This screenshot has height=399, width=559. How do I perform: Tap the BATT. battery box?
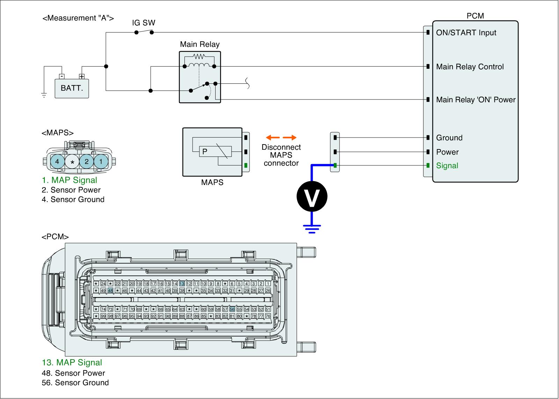[x=72, y=88]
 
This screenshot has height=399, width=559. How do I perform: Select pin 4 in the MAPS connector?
[x=58, y=162]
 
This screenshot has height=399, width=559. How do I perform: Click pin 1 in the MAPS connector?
[x=101, y=162]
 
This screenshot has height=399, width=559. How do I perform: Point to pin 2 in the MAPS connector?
[x=87, y=162]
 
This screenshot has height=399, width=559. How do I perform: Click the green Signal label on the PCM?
[x=447, y=166]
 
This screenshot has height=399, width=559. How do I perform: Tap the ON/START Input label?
[x=466, y=33]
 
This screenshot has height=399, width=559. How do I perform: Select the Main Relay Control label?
[x=470, y=67]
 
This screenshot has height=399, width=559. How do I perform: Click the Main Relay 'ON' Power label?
[x=476, y=100]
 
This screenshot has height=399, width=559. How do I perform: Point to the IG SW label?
[x=144, y=23]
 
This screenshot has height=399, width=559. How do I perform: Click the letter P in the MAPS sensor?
[x=205, y=152]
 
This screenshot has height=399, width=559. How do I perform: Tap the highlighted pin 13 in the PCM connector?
[x=182, y=284]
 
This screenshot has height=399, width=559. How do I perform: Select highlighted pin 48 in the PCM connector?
[x=110, y=290]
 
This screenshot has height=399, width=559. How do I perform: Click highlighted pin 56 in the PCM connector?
[x=232, y=309]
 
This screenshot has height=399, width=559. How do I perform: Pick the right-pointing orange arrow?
[x=290, y=138]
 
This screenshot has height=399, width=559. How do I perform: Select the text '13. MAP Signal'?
[x=72, y=363]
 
